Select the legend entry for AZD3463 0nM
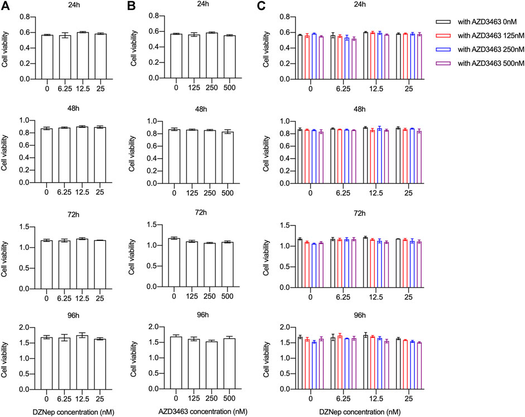coord(479,21)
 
